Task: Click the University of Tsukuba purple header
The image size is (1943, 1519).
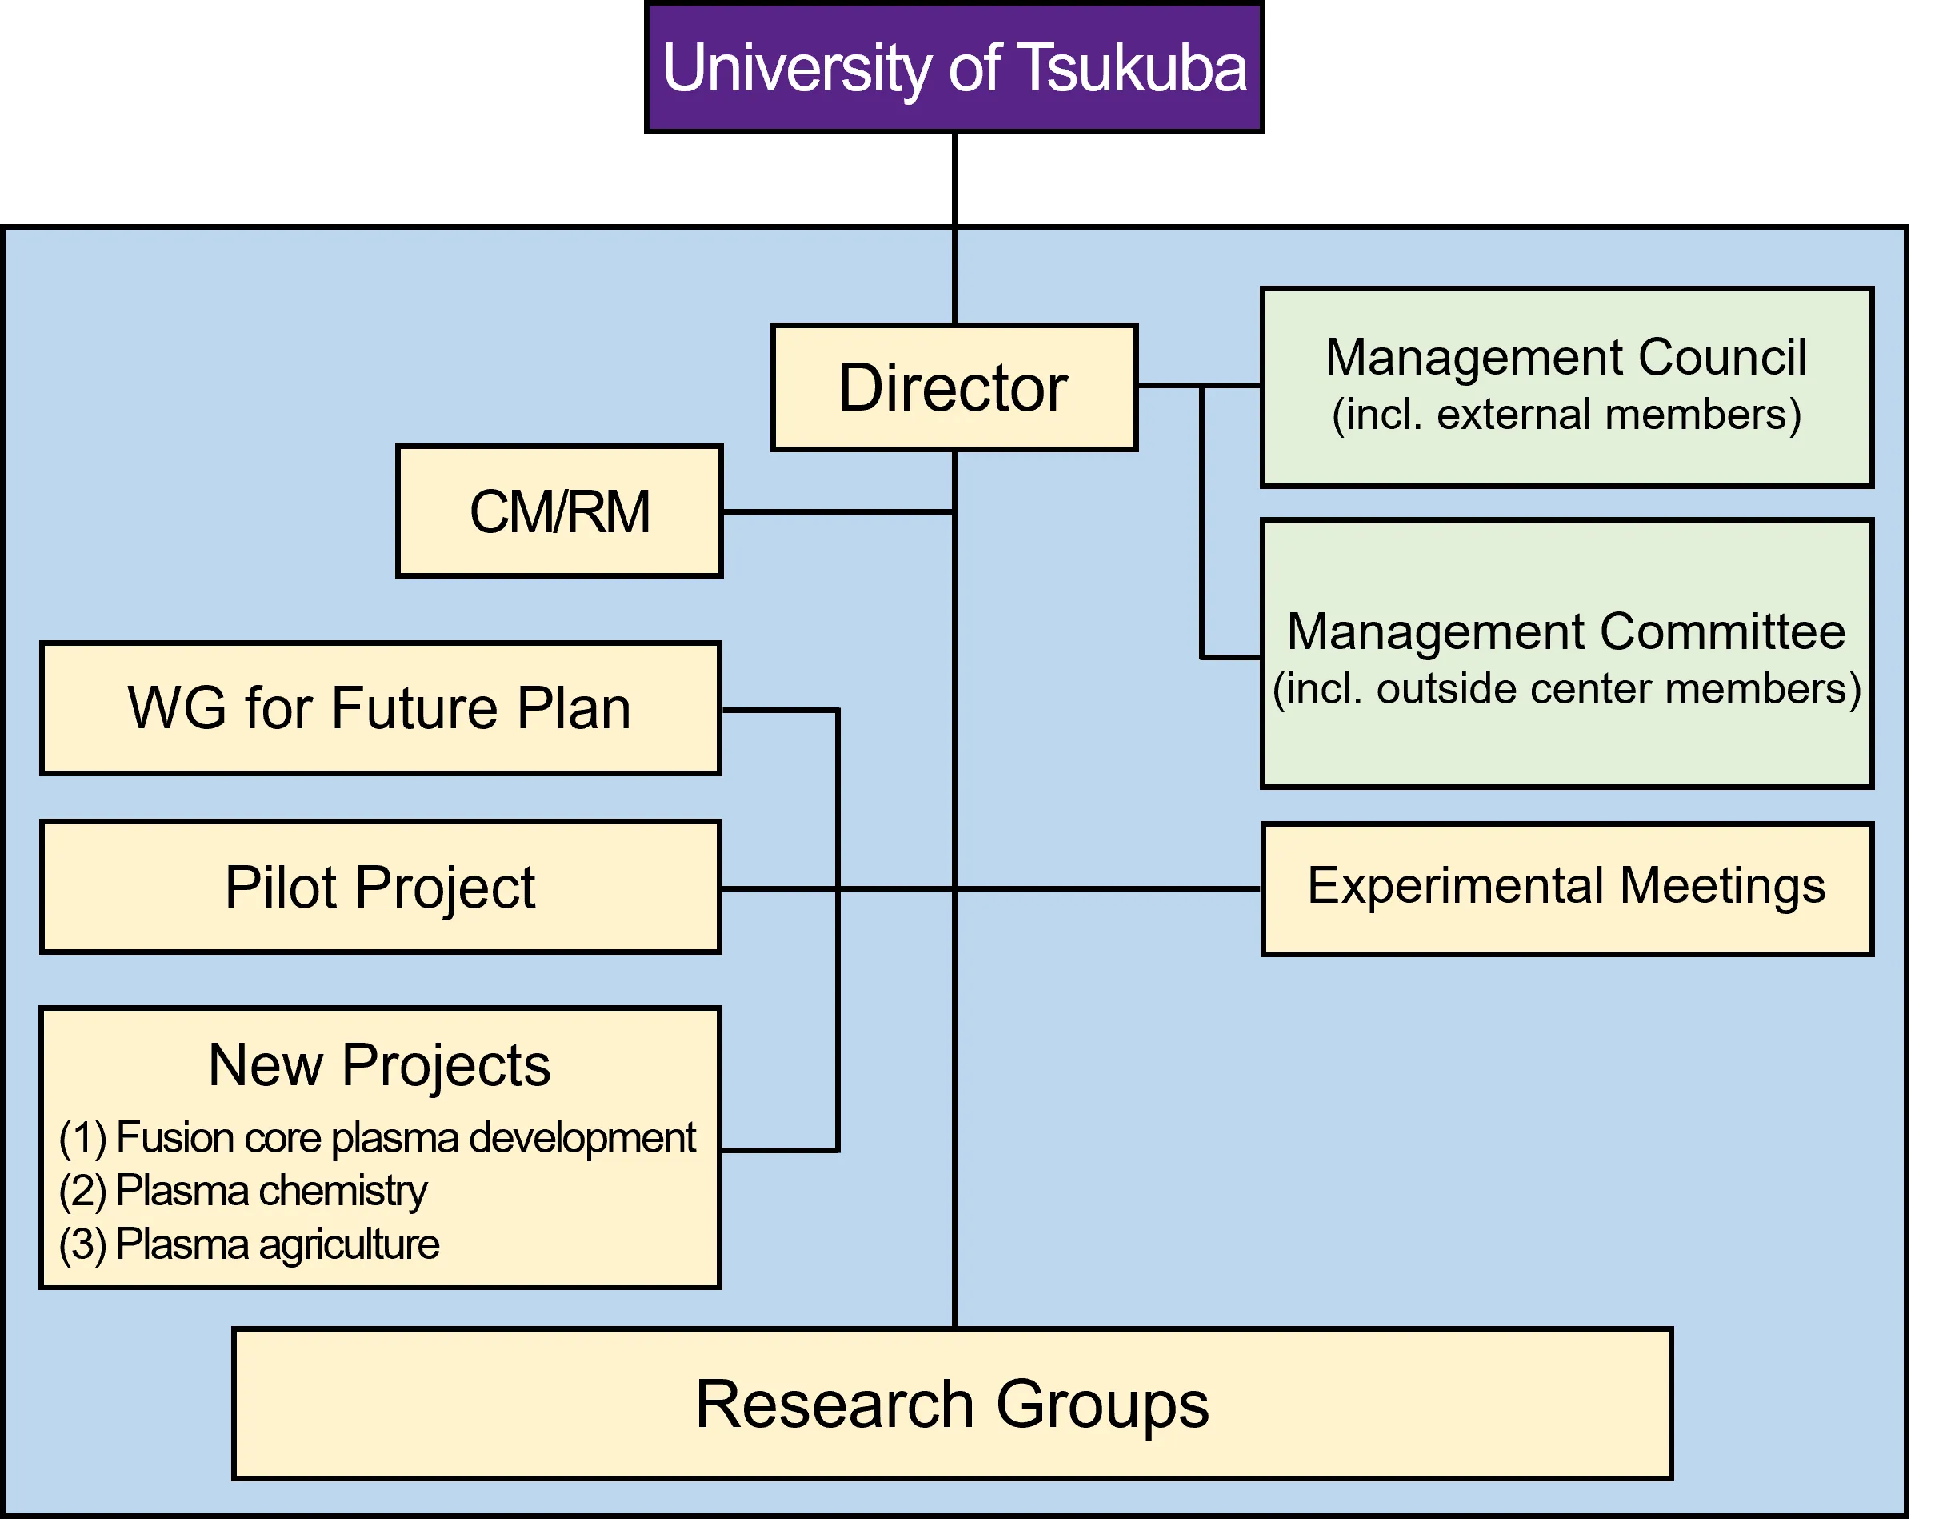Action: point(954,68)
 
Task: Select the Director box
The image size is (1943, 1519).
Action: point(954,388)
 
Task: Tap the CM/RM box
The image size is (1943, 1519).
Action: point(558,511)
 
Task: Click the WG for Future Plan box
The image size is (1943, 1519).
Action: point(380,708)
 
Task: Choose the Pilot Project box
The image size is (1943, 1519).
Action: point(380,888)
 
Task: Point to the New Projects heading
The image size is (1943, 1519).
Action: point(379,1065)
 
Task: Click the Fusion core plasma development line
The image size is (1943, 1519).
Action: point(378,1138)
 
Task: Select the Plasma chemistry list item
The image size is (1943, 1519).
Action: point(243,1191)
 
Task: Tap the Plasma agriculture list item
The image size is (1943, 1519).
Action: point(249,1244)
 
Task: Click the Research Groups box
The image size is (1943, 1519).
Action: point(952,1405)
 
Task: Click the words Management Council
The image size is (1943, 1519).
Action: point(1565,357)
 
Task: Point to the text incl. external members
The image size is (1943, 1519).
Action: point(1565,415)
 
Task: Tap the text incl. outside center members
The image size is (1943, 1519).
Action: point(1565,689)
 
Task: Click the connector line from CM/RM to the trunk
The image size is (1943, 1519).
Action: point(836,511)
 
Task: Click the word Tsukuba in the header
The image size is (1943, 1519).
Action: point(1132,68)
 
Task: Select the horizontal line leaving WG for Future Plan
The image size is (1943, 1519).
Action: point(778,710)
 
